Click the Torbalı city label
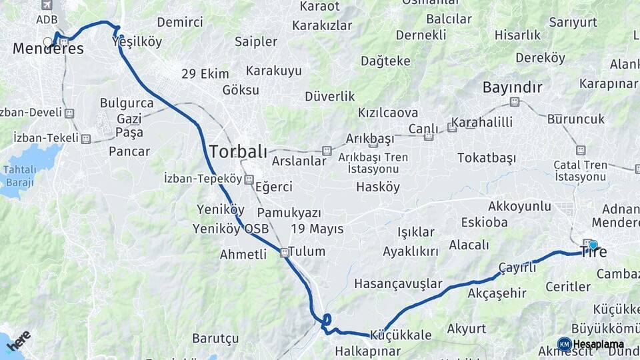(238, 151)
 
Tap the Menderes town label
(49, 49)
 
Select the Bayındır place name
(512, 87)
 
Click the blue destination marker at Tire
(593, 245)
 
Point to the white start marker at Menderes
(47, 42)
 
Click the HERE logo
(19, 341)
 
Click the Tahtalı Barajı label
(20, 175)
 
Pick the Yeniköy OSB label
(231, 229)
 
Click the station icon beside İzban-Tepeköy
(249, 179)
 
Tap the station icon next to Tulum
(285, 252)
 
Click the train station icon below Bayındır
(514, 102)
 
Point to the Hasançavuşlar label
(398, 283)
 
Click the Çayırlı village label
(517, 267)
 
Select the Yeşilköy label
(137, 42)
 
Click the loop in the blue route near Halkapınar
(327, 319)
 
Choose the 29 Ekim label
(205, 74)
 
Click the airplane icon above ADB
(45, 5)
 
